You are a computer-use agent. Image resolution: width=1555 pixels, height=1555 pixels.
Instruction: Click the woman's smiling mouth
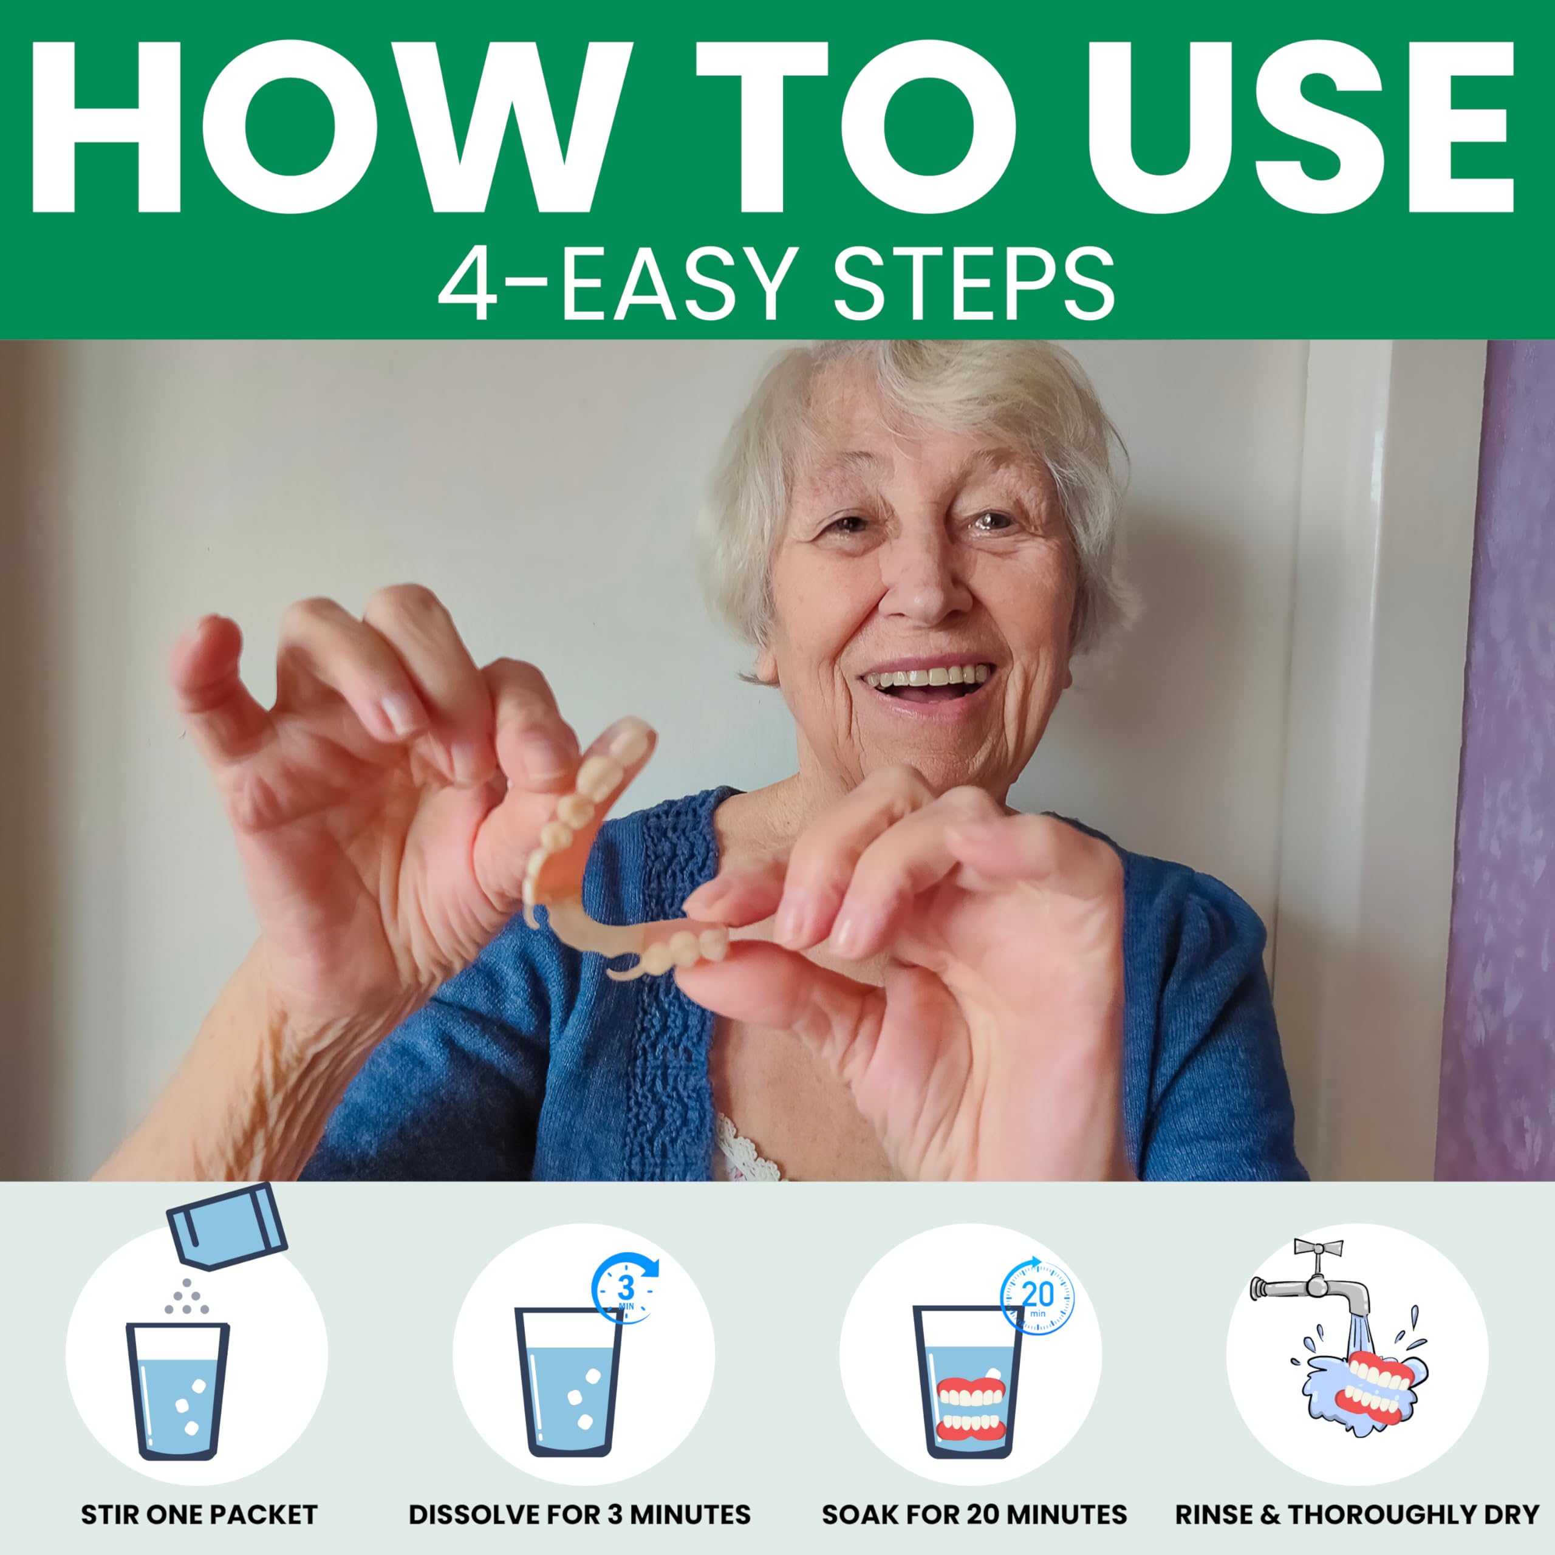pos(926,686)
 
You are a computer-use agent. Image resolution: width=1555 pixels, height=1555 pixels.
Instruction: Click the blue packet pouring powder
pos(227,1228)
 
